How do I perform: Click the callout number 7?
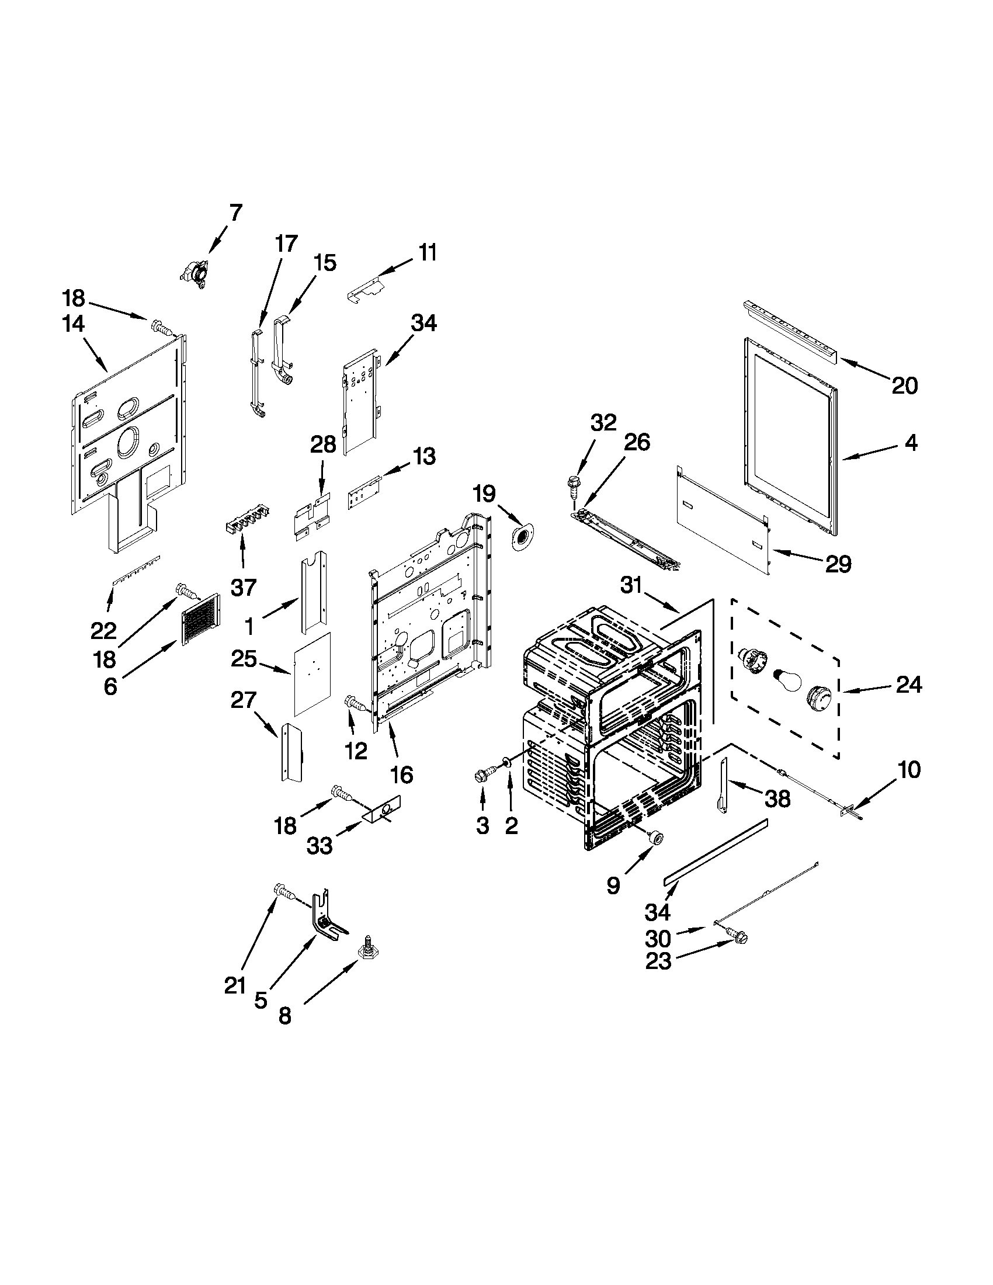pos(235,213)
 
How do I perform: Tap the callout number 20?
pos(904,386)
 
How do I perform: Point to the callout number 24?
pos(909,685)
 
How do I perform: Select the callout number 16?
pos(402,775)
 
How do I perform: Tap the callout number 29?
pos(838,564)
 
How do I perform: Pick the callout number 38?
pos(777,798)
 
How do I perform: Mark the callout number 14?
pos(74,324)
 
